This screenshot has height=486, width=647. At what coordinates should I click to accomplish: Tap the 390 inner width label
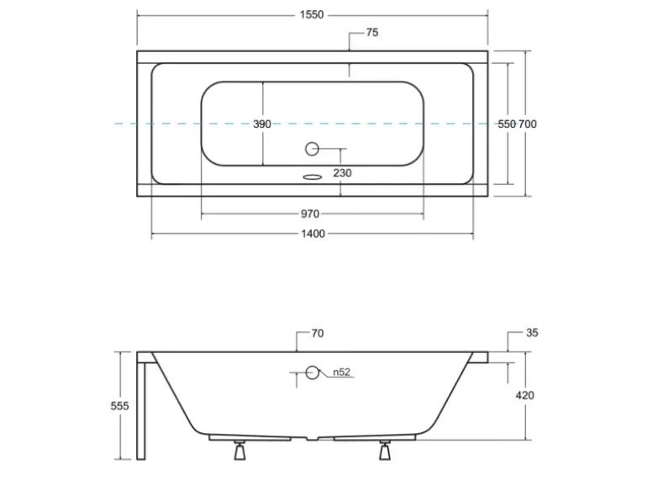[262, 124]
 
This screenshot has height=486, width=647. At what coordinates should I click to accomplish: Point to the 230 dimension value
[342, 173]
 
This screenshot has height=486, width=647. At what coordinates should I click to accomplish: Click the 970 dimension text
[311, 214]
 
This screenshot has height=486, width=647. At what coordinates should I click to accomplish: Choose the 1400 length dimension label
[312, 234]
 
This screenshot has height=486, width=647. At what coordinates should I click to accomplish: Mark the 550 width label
[506, 124]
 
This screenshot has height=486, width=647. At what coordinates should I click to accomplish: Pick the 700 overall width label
[527, 124]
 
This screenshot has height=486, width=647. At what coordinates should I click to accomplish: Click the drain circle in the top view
[312, 150]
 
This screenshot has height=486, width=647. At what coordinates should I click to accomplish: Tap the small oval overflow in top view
[312, 177]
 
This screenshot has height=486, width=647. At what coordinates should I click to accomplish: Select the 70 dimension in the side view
[317, 334]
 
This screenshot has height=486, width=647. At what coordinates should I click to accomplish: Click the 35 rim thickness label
[531, 333]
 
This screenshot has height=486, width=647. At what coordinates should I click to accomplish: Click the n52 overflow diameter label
[339, 372]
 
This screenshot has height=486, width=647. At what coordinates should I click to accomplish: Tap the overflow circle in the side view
[312, 372]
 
